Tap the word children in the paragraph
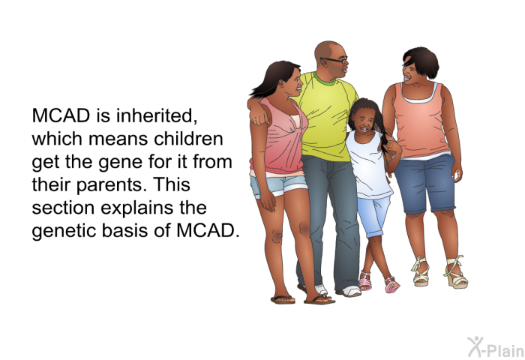tap(188, 139)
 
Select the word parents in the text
tap(111, 185)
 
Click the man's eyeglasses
tap(334, 60)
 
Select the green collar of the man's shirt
tap(323, 79)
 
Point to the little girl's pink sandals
tap(379, 282)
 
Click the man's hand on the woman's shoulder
tap(260, 115)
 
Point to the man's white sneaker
tap(349, 291)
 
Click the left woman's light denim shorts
tap(278, 186)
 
